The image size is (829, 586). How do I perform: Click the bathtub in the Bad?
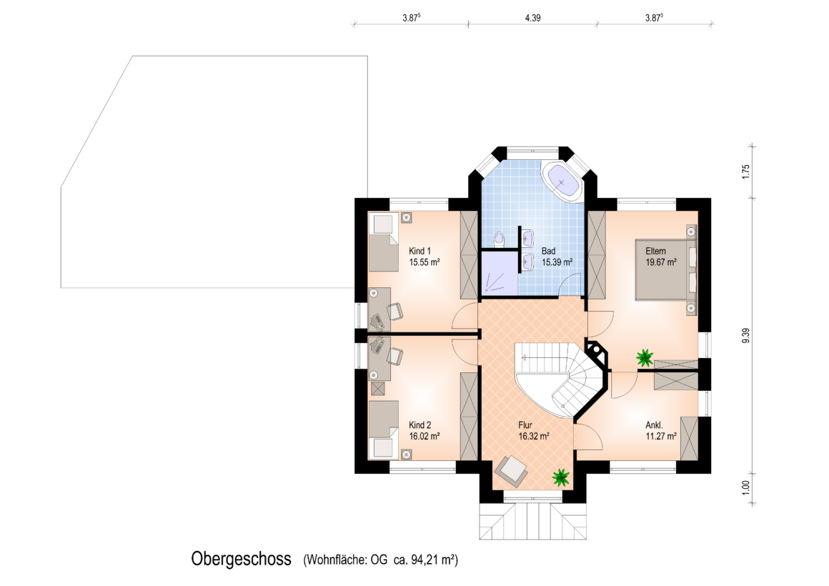click(562, 182)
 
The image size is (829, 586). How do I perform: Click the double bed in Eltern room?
click(665, 269)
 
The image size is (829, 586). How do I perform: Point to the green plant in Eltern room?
click(645, 358)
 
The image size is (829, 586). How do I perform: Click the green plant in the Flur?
click(561, 477)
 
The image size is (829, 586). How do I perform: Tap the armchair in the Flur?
click(511, 470)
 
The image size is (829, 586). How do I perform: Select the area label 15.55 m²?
click(425, 262)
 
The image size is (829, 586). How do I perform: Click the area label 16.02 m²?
click(425, 437)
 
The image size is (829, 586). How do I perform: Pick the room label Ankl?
click(654, 425)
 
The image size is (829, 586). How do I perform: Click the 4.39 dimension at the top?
click(532, 18)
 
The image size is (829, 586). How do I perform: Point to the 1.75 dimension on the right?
click(746, 172)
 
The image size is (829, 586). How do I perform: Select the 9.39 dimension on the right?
click(746, 336)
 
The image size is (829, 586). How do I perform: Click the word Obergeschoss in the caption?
click(241, 559)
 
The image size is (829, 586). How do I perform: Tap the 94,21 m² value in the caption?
click(433, 560)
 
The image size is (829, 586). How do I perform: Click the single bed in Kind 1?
click(383, 242)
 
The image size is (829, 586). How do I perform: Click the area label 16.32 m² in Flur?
click(534, 437)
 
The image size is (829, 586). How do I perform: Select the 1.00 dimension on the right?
click(746, 487)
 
